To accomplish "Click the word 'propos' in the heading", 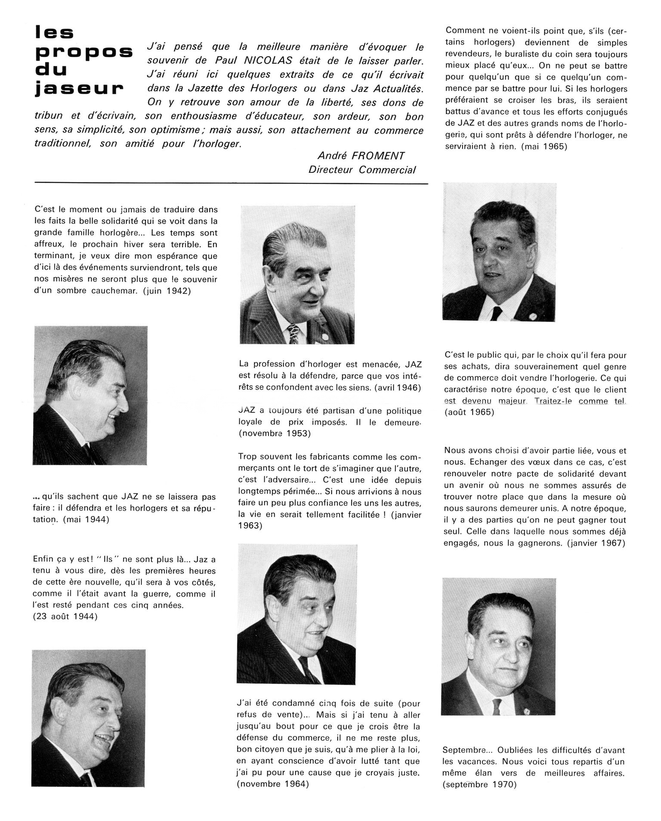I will tap(84, 52).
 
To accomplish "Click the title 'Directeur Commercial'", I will tap(362, 170).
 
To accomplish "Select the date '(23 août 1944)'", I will tap(65, 616).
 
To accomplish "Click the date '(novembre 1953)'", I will tap(274, 433).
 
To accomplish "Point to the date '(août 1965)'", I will tap(469, 412).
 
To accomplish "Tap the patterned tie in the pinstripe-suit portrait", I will tap(294, 334).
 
